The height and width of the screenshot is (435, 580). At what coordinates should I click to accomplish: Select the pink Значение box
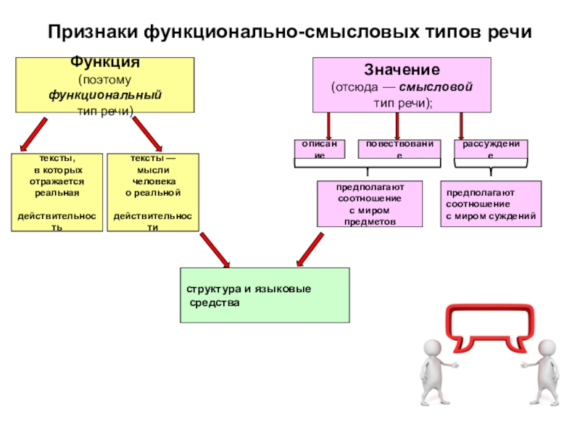click(402, 85)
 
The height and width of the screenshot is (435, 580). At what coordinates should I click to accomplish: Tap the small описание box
click(320, 149)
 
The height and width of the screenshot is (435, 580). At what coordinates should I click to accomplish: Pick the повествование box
click(399, 149)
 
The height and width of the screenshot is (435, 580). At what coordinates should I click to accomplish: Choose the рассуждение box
click(491, 149)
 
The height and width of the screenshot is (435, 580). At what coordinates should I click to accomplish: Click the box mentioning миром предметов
click(370, 204)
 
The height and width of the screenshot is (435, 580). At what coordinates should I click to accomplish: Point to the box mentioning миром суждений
click(491, 204)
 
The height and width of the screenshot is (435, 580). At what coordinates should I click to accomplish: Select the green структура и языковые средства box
click(265, 295)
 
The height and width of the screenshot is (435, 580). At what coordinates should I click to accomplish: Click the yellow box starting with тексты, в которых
click(57, 192)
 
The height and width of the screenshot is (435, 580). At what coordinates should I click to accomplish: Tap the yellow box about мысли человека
click(152, 192)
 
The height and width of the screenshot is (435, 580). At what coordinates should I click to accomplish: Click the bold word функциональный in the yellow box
click(105, 96)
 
